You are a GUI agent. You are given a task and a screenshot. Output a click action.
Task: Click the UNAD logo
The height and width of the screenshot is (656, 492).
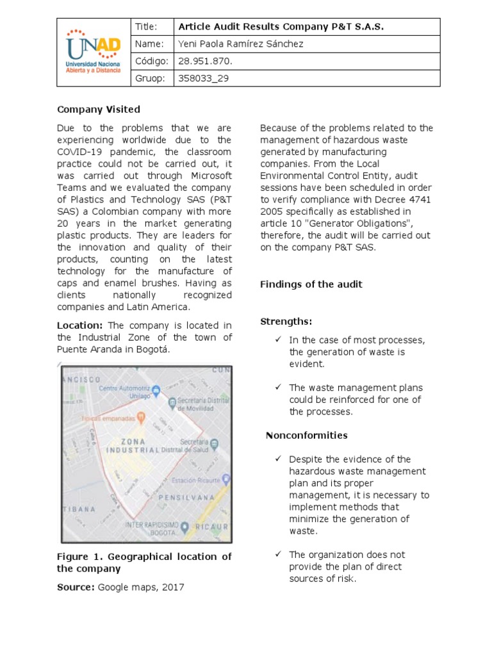pyautogui.click(x=92, y=52)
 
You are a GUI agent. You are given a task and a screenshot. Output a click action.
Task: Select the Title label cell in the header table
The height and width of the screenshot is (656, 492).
pyautogui.click(x=151, y=27)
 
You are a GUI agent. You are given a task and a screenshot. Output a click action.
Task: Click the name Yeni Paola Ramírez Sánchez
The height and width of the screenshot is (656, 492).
pyautogui.click(x=232, y=44)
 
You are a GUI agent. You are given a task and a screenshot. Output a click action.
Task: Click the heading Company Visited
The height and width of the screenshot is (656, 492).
pyautogui.click(x=99, y=110)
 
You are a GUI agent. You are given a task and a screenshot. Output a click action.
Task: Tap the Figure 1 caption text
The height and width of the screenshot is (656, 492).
pyautogui.click(x=144, y=562)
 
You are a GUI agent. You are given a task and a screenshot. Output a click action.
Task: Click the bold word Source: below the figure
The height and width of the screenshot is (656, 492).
pyautogui.click(x=76, y=587)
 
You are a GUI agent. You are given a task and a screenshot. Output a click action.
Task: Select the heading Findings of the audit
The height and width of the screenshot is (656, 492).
pyautogui.click(x=311, y=284)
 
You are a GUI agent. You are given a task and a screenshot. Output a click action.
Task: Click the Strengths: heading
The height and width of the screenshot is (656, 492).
pyautogui.click(x=286, y=321)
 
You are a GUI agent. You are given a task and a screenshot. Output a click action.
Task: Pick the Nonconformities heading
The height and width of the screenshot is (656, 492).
pyautogui.click(x=306, y=436)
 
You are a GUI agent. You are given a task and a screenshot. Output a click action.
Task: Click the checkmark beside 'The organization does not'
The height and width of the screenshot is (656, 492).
pyautogui.click(x=278, y=554)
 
